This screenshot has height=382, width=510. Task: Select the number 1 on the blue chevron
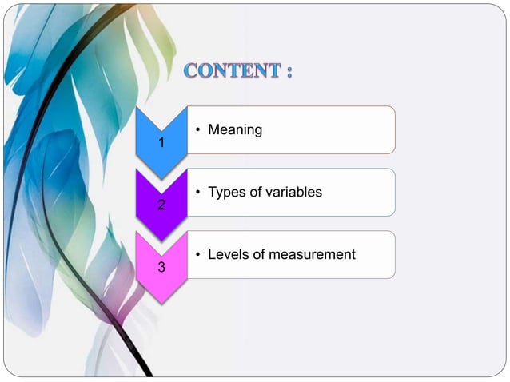point(161,144)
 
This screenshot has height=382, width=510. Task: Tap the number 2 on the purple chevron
point(161,205)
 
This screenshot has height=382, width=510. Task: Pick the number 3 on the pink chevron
point(161,267)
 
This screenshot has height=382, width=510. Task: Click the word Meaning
point(235,129)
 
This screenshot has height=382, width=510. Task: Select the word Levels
point(228,254)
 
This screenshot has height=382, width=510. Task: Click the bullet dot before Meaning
point(197,129)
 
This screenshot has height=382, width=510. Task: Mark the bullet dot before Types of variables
point(197,192)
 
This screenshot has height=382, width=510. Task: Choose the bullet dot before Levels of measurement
point(197,254)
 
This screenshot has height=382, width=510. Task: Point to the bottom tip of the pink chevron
point(161,303)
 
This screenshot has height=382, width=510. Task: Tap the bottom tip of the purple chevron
point(161,241)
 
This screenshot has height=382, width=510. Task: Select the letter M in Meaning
point(214,129)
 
